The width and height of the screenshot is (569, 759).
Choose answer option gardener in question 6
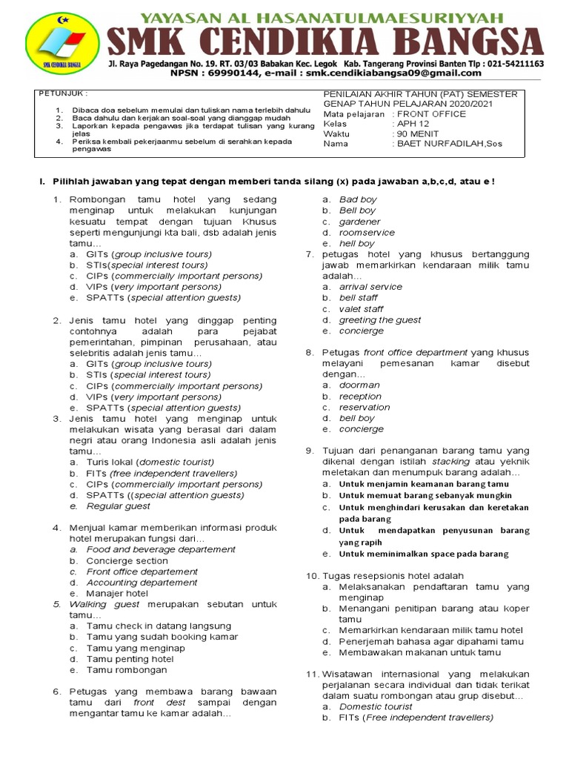tap(359, 222)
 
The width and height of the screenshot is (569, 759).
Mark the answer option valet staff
tap(361, 309)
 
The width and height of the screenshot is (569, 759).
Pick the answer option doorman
tap(359, 385)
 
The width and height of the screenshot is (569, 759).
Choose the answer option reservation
tap(364, 407)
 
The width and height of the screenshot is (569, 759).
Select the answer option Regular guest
tap(119, 506)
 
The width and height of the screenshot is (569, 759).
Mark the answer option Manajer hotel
tap(117, 594)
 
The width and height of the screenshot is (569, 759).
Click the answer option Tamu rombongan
tap(127, 670)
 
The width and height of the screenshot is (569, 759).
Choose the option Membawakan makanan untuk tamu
tap(419, 653)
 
